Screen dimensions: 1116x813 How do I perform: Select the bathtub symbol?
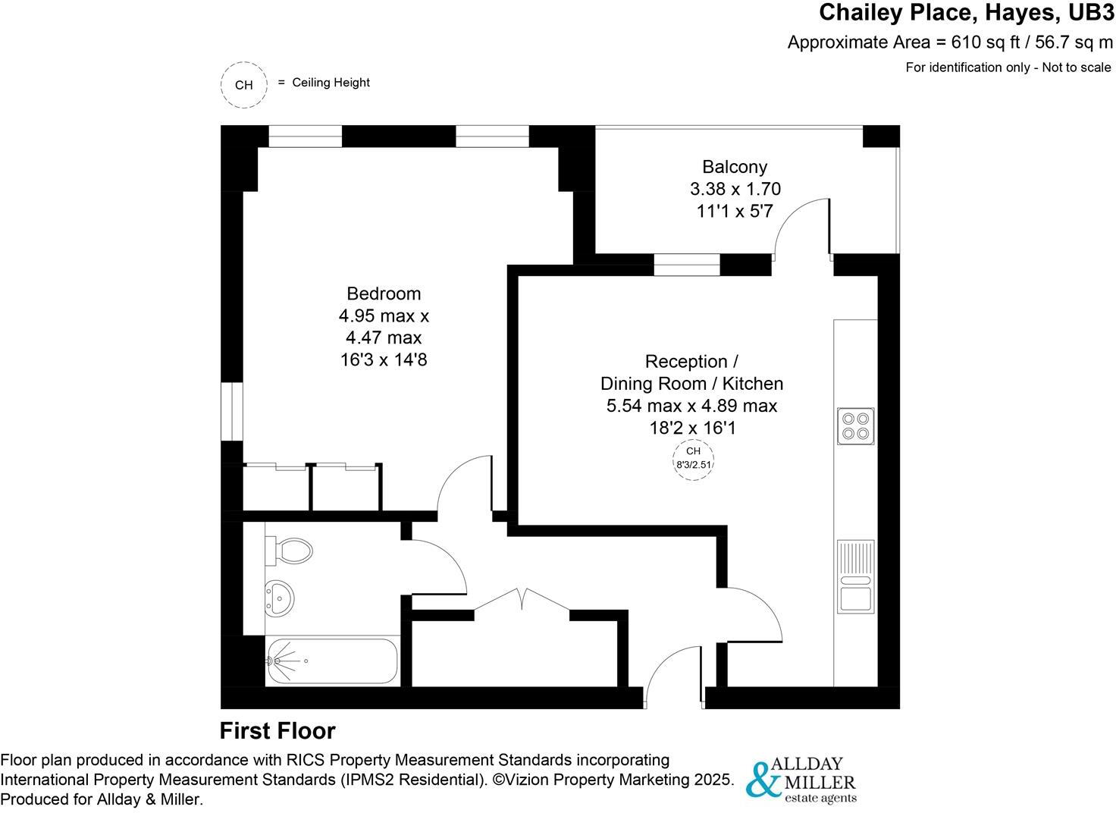[x=332, y=661]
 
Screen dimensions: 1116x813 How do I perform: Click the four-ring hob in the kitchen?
[x=857, y=425]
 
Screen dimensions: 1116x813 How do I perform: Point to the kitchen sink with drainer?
[x=856, y=577]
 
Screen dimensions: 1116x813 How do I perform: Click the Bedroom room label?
[x=384, y=293]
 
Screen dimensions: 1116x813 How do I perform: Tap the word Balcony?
[x=735, y=167]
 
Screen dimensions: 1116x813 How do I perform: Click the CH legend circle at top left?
[x=244, y=85]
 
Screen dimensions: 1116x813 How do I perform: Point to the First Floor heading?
[x=277, y=731]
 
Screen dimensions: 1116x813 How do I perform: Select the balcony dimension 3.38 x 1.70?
[x=735, y=189]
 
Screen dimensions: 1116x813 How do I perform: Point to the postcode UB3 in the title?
[x=1091, y=13]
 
